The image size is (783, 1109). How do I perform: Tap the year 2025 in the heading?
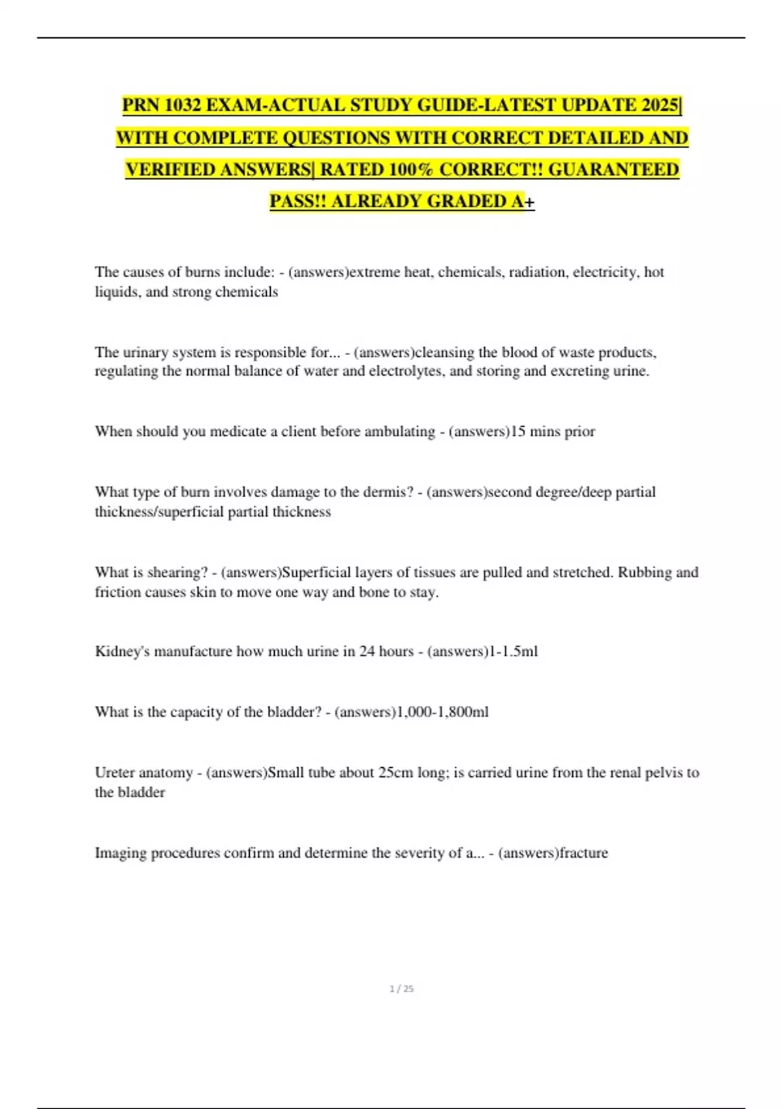pos(660,105)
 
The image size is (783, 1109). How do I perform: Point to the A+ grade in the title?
pos(523,202)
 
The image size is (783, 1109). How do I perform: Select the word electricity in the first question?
pos(606,272)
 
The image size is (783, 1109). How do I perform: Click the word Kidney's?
pos(122,651)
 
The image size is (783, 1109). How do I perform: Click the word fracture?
pos(584,853)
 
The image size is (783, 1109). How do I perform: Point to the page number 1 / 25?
pos(401,989)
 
